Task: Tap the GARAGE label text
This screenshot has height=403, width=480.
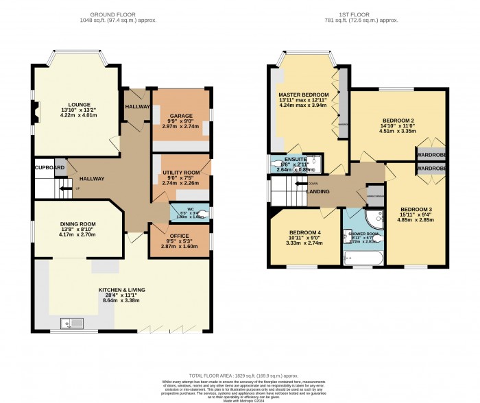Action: [181, 116]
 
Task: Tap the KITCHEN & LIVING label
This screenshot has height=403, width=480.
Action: [121, 290]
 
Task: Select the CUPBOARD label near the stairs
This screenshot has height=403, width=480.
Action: [50, 167]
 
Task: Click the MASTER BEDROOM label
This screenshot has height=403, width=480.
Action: [302, 94]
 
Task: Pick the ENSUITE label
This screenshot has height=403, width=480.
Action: [296, 158]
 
